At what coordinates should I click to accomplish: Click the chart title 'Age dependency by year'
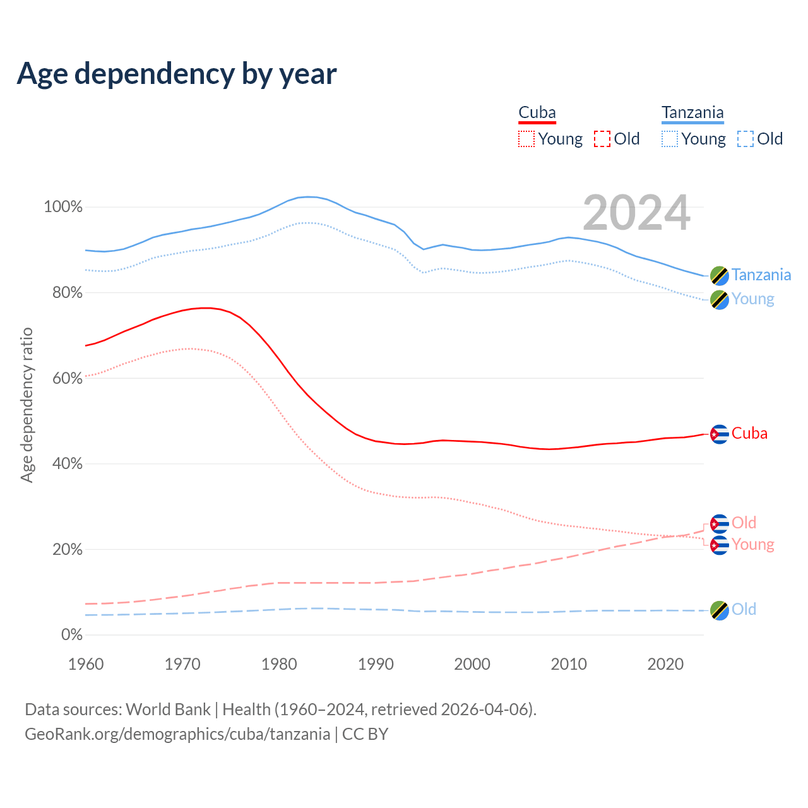(x=177, y=74)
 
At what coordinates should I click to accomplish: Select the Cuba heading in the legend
(x=537, y=113)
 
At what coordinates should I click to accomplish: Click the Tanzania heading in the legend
(x=692, y=113)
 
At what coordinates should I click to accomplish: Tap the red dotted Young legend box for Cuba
(x=526, y=139)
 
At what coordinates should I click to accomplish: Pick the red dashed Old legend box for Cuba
(x=602, y=139)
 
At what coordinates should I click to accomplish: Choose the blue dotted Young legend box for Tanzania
(x=670, y=139)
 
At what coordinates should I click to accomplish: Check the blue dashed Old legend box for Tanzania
(x=746, y=139)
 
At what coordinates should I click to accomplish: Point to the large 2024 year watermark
(x=636, y=213)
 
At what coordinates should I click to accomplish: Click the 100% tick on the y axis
(x=63, y=207)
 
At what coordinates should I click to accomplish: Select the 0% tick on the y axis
(x=72, y=634)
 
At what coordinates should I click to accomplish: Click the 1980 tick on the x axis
(x=279, y=664)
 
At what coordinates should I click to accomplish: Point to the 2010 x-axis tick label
(x=569, y=664)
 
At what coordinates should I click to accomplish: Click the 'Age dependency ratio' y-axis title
(x=27, y=405)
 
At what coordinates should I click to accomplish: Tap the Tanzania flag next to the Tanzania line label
(x=720, y=275)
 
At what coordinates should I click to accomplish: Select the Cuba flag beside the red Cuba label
(x=720, y=434)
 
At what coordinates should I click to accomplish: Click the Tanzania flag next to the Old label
(x=720, y=610)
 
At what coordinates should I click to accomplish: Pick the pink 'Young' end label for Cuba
(x=753, y=545)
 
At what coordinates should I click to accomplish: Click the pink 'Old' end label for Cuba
(x=744, y=523)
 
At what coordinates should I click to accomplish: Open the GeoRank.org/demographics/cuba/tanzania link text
(x=177, y=734)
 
